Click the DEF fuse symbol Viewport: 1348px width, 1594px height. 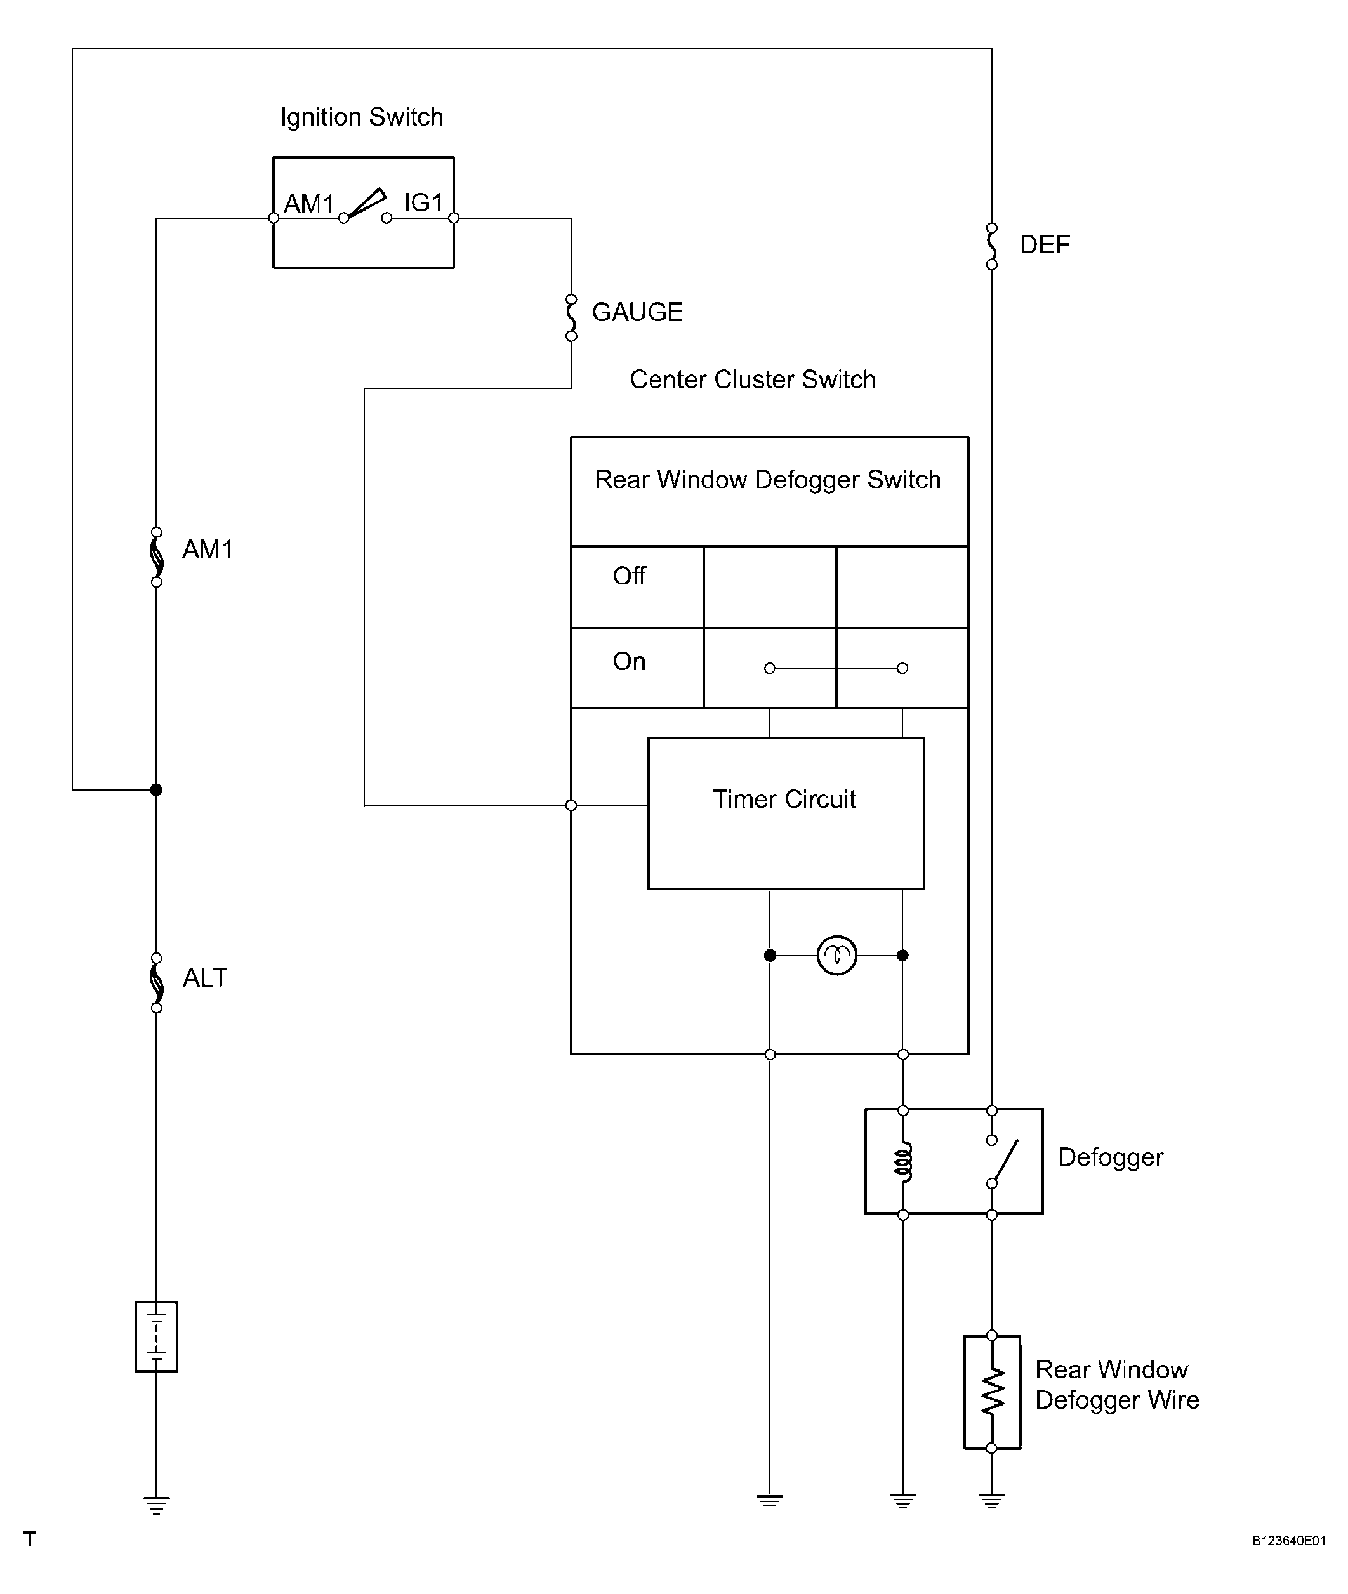(992, 246)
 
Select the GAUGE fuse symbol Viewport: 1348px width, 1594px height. (571, 317)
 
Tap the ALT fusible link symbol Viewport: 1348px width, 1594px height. (157, 983)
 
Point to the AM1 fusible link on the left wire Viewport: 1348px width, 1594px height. (157, 557)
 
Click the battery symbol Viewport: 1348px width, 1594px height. (156, 1336)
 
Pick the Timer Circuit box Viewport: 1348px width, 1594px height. (786, 813)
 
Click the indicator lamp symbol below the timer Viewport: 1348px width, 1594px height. (836, 955)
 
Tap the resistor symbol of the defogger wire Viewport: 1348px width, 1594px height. (992, 1392)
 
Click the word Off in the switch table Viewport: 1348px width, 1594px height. (629, 576)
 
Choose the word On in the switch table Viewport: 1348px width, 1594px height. (629, 661)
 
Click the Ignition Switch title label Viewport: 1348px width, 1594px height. (362, 117)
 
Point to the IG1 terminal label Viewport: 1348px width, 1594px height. (423, 202)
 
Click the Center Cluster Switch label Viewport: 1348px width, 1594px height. (753, 379)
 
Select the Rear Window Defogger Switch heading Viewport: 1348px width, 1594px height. (768, 479)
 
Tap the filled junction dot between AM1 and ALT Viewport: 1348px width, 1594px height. (156, 789)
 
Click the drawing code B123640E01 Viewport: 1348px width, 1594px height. (1288, 1541)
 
